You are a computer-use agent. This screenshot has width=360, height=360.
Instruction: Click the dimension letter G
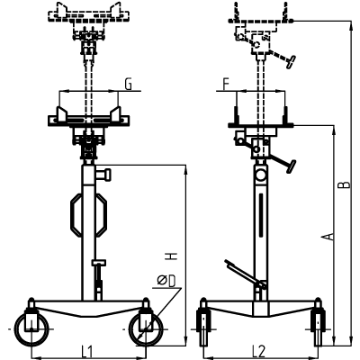coord(129,85)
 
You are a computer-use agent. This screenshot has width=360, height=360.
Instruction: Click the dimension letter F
coord(226,85)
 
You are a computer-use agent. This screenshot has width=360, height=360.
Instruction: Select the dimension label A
coord(329,237)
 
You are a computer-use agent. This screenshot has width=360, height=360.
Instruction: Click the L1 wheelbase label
coord(86,351)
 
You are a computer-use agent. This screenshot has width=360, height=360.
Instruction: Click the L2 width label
coord(258,351)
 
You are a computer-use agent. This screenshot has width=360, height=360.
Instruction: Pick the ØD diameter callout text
coord(166,281)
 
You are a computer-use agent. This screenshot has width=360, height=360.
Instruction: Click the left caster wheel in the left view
coord(31,329)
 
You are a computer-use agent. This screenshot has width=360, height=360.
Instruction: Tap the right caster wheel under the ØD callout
coord(146,329)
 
